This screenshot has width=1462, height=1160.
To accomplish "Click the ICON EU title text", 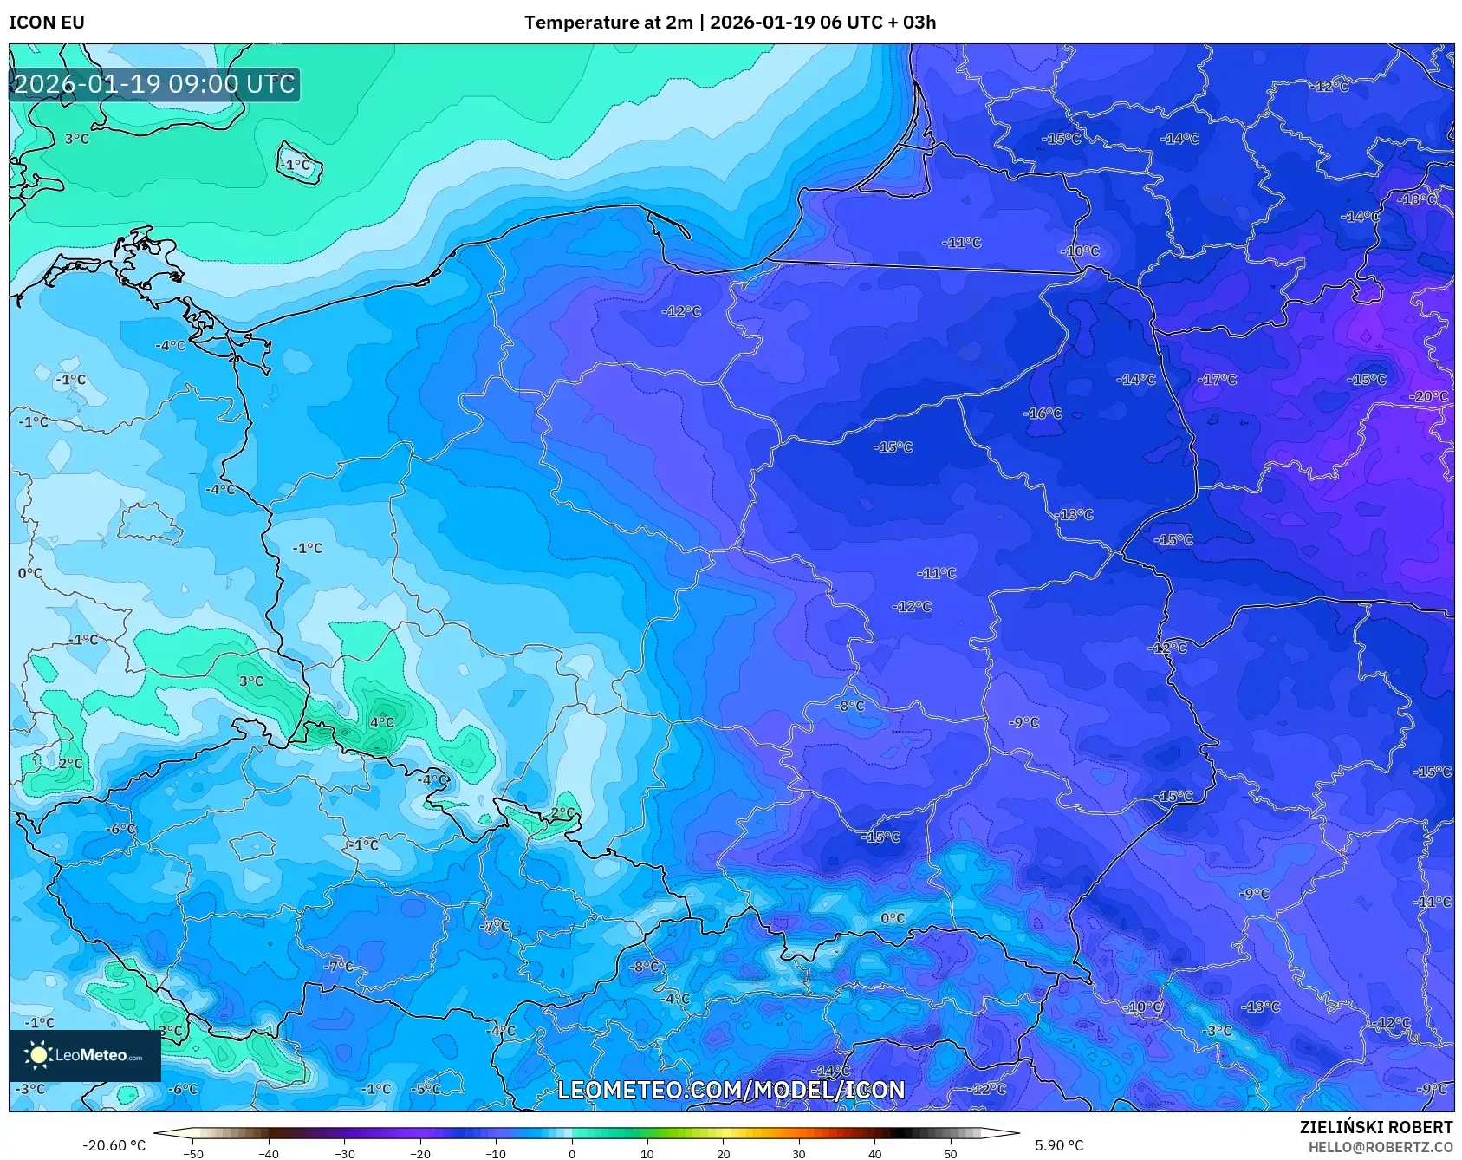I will (47, 23).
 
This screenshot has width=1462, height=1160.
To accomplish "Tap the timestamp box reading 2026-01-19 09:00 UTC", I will (154, 85).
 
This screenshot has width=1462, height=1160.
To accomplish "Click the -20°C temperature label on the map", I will (1430, 397).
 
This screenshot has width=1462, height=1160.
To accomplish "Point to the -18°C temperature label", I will (1418, 199).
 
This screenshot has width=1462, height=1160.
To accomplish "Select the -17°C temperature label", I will (1217, 380).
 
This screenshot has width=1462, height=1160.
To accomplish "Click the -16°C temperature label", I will (1043, 414).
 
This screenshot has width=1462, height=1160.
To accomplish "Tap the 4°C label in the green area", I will (381, 722).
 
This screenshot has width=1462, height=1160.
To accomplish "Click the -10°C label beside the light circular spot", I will (1080, 251).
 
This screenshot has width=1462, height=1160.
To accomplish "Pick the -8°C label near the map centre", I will (849, 707).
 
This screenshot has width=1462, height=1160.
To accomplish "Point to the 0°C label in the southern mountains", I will (893, 918).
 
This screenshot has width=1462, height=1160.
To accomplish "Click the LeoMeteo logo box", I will (85, 1055).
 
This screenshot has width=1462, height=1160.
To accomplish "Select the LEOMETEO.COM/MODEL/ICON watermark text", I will (731, 1090).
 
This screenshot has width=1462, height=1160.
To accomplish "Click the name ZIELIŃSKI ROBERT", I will (1375, 1127).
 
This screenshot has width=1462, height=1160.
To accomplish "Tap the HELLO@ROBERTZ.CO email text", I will (1380, 1147).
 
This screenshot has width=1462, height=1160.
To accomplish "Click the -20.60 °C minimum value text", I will (114, 1145).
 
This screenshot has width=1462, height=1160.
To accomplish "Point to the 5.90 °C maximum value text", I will (1059, 1145).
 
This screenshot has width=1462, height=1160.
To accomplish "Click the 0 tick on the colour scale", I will (571, 1154).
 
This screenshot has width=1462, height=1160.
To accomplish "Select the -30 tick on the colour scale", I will (344, 1154).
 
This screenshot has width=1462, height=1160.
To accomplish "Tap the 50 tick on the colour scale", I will (951, 1154).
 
